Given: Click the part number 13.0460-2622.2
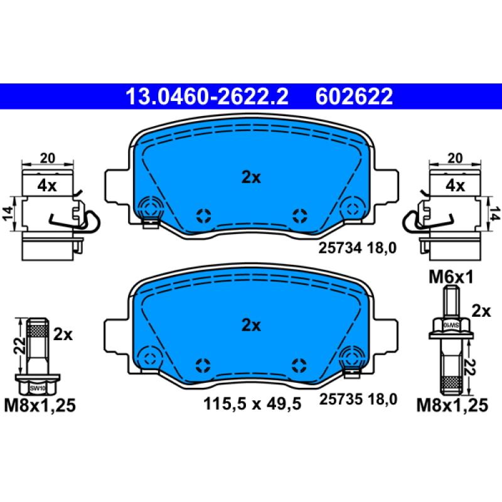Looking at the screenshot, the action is (207, 97).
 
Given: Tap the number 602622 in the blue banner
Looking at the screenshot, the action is (354, 97).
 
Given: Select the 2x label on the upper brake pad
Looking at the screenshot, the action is (252, 177).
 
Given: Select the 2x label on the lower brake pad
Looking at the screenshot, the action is (252, 325).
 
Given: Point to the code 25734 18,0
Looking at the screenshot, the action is (357, 248).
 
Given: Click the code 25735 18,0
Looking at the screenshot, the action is (358, 399).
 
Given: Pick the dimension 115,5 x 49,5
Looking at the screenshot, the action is (252, 403).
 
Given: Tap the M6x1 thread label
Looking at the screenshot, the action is (451, 277).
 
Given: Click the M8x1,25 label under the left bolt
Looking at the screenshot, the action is (40, 405).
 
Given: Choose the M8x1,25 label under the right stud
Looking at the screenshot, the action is (452, 405).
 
